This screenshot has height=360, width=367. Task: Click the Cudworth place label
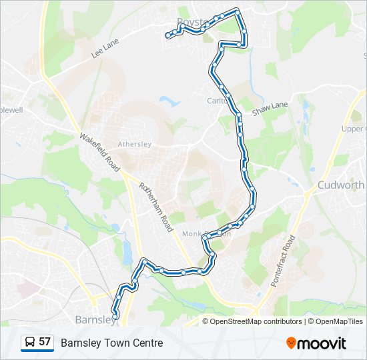click(341, 185)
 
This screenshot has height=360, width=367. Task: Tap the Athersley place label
click(135, 144)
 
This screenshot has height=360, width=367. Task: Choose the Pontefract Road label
click(282, 261)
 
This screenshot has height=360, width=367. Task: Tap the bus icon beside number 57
click(29, 343)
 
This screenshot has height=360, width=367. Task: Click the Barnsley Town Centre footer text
click(111, 343)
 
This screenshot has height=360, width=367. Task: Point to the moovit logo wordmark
click(322, 343)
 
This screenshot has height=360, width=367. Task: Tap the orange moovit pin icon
click(291, 343)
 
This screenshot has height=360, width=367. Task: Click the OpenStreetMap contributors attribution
click(256, 321)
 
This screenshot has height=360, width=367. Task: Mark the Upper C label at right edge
click(354, 129)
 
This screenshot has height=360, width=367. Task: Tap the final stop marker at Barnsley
click(115, 313)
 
